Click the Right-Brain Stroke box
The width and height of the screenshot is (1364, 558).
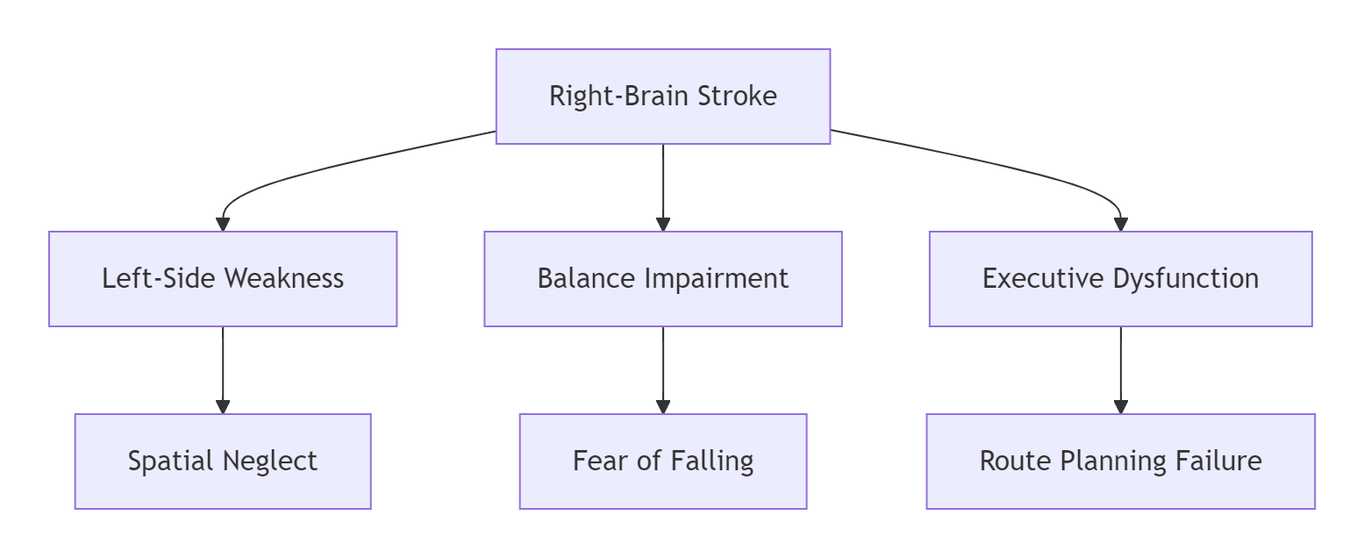(663, 97)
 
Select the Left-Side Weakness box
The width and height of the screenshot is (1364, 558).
(223, 279)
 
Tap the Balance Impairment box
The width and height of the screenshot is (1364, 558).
(663, 279)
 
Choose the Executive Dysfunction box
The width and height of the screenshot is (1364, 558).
(1120, 279)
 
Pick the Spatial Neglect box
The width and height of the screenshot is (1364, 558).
(223, 461)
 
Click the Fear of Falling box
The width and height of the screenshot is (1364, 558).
(663, 461)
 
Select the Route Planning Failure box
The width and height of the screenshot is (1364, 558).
(1120, 461)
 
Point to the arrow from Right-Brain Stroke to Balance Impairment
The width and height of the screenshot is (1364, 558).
(663, 188)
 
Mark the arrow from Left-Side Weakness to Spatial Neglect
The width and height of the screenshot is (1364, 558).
(223, 370)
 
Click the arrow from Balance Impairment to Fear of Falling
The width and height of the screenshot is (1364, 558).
(663, 370)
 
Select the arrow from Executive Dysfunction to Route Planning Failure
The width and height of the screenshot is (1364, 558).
(1120, 370)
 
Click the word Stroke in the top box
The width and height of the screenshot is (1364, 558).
(737, 97)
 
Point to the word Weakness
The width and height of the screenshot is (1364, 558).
(284, 279)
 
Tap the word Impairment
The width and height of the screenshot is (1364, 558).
(717, 280)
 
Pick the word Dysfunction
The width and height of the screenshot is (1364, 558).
(1186, 280)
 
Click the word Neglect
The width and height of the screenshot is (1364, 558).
(270, 462)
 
